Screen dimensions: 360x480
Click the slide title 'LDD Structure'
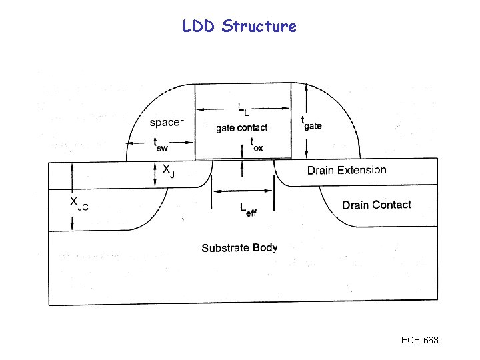coord(239,27)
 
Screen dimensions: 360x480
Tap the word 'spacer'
coord(167,123)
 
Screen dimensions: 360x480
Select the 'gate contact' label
coord(241,127)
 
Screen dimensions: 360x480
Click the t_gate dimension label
coord(311,123)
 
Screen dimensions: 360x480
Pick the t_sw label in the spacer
coord(161,143)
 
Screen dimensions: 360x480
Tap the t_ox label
coord(256,144)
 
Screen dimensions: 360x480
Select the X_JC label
coord(79,203)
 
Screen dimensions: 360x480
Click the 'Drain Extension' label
coord(347,170)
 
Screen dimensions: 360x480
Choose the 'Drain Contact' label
coord(377,205)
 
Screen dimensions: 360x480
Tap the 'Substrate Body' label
coord(239,248)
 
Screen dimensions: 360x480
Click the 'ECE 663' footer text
coord(419,341)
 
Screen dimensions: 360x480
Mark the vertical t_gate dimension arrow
coord(305,121)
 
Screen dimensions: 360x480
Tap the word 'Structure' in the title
coord(259,27)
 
